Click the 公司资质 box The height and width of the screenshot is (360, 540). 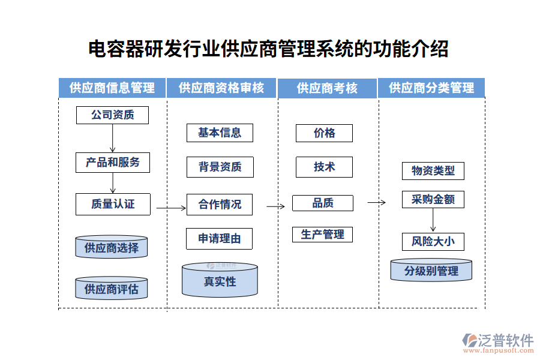112,115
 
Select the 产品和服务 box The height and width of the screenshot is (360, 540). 112,162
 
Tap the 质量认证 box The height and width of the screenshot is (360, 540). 112,204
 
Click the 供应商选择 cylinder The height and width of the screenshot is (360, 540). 112,247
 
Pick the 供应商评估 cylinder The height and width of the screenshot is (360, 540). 112,289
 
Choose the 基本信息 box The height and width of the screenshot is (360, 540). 220,133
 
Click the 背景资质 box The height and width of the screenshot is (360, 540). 220,167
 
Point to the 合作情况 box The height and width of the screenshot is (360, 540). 220,204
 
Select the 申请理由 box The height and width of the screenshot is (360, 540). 220,238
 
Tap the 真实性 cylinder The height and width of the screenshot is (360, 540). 220,281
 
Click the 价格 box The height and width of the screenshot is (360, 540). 324,133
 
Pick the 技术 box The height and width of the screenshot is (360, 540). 324,167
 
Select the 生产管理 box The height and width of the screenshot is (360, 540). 322,234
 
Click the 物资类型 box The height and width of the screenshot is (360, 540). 433,170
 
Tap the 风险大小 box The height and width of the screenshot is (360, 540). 433,242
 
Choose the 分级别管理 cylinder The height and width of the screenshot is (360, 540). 431,271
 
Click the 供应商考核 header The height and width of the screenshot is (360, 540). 327,88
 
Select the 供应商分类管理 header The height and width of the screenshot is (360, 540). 431,88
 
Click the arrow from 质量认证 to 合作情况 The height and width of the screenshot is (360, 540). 172,208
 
